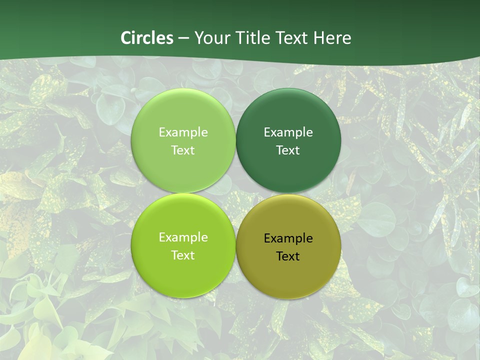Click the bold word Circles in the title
coord(147,38)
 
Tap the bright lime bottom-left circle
coord(183,270)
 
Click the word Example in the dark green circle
coord(288,132)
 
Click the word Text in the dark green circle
coord(288,150)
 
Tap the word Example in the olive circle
coord(288,238)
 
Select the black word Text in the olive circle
coord(288,256)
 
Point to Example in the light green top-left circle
coord(183,132)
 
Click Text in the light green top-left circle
coord(183,150)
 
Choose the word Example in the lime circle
coord(183,237)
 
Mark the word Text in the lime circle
coord(183,255)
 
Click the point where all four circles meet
coord(235,193)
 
